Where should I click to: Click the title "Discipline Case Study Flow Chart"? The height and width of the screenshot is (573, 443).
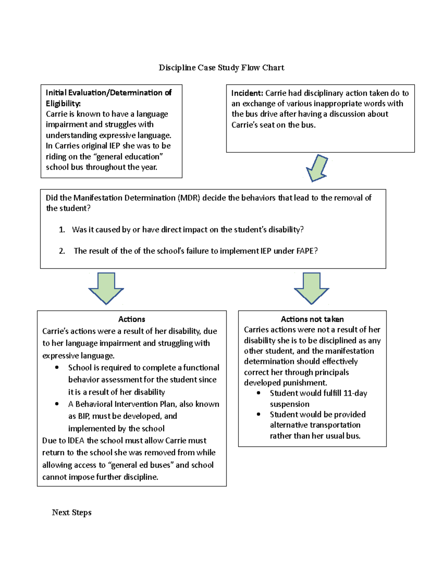click(x=221, y=68)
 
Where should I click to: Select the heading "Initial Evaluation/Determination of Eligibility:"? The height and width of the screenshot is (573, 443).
click(x=108, y=98)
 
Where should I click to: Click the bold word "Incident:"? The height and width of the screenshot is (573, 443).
click(x=247, y=93)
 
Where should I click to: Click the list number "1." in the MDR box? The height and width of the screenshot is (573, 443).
click(x=62, y=229)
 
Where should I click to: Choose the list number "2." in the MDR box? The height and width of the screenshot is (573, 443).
click(x=62, y=251)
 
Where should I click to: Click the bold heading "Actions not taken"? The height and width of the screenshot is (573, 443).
click(x=312, y=319)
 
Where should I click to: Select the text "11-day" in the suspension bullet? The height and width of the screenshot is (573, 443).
click(x=355, y=393)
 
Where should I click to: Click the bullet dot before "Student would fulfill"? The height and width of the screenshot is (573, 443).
click(x=259, y=393)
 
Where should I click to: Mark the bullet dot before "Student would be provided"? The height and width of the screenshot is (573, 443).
click(x=259, y=414)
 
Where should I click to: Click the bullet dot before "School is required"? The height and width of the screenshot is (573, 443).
click(x=57, y=367)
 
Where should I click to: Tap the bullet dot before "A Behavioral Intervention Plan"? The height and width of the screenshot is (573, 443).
click(x=57, y=404)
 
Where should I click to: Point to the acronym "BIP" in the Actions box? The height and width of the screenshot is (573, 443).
click(x=83, y=416)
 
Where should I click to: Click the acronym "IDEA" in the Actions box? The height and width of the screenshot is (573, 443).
click(x=76, y=441)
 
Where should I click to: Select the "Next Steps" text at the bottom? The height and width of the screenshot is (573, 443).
click(x=72, y=512)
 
